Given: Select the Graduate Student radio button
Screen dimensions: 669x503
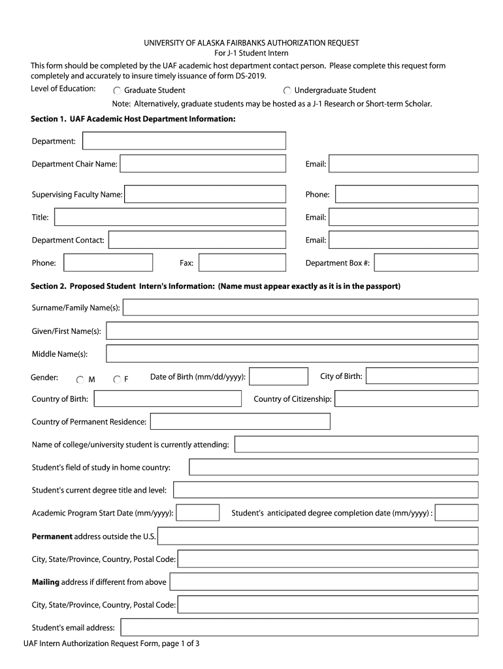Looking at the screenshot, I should tap(118, 91).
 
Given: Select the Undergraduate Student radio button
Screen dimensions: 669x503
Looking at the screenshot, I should tap(287, 91).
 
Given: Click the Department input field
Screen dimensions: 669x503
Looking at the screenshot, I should tap(184, 141).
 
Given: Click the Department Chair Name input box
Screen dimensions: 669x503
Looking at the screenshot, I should tap(203, 164).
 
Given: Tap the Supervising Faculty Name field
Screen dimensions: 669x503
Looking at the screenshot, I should tap(204, 195).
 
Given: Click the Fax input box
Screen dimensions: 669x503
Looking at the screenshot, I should tap(242, 263).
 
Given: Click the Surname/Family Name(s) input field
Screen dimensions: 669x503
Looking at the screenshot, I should tap(300, 308).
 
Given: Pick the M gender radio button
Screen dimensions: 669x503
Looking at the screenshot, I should tap(80, 380).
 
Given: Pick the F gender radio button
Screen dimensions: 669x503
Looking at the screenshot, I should tap(117, 380).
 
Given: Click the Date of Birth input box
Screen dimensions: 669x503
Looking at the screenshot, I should tap(278, 377).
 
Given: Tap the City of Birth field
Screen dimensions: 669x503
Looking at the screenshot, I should tap(422, 376).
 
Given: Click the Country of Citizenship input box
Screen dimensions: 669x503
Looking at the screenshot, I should tap(407, 399).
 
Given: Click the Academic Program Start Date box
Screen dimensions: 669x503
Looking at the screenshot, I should tap(198, 514).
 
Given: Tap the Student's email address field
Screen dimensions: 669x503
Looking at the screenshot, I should tap(299, 628).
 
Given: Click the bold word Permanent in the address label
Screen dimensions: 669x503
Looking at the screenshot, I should tap(52, 536).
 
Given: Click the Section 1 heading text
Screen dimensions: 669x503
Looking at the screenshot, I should tap(133, 120).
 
